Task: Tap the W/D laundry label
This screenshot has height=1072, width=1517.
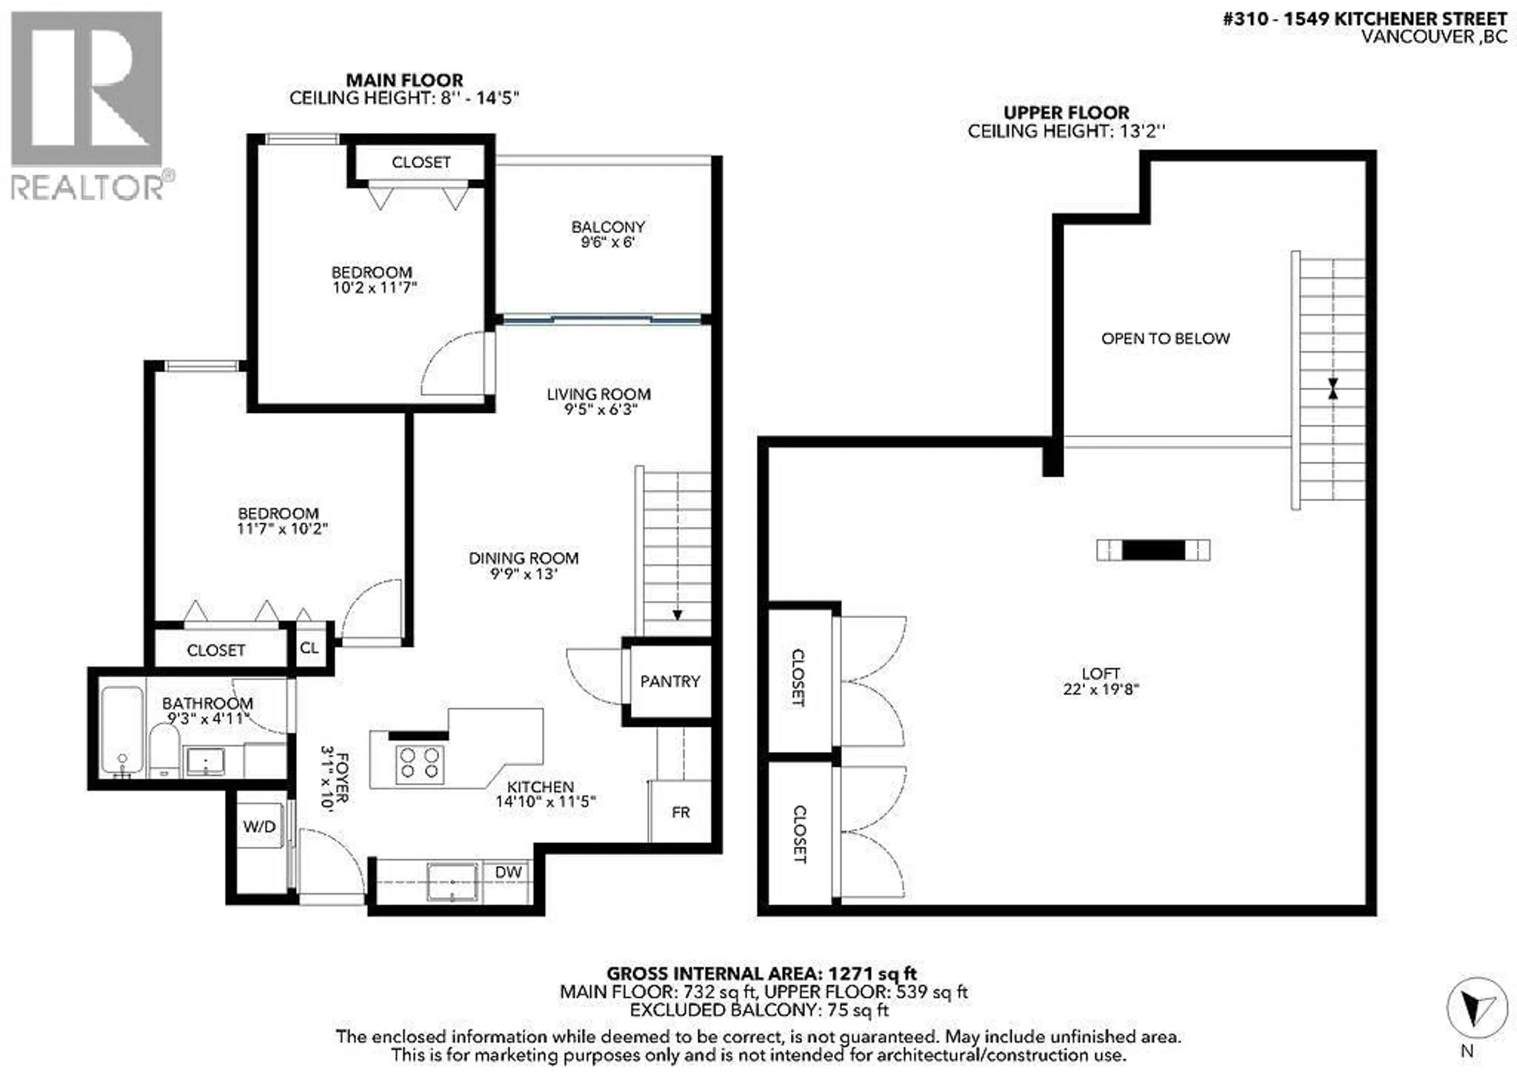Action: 259,826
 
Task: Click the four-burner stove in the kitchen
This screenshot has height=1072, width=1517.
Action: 420,764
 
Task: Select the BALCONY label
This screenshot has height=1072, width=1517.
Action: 608,227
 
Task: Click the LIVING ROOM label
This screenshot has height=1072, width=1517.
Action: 599,394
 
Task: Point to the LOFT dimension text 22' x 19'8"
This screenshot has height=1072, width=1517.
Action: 1101,689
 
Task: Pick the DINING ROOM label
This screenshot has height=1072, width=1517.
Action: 524,558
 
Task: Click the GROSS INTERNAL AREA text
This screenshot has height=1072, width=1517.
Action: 762,974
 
